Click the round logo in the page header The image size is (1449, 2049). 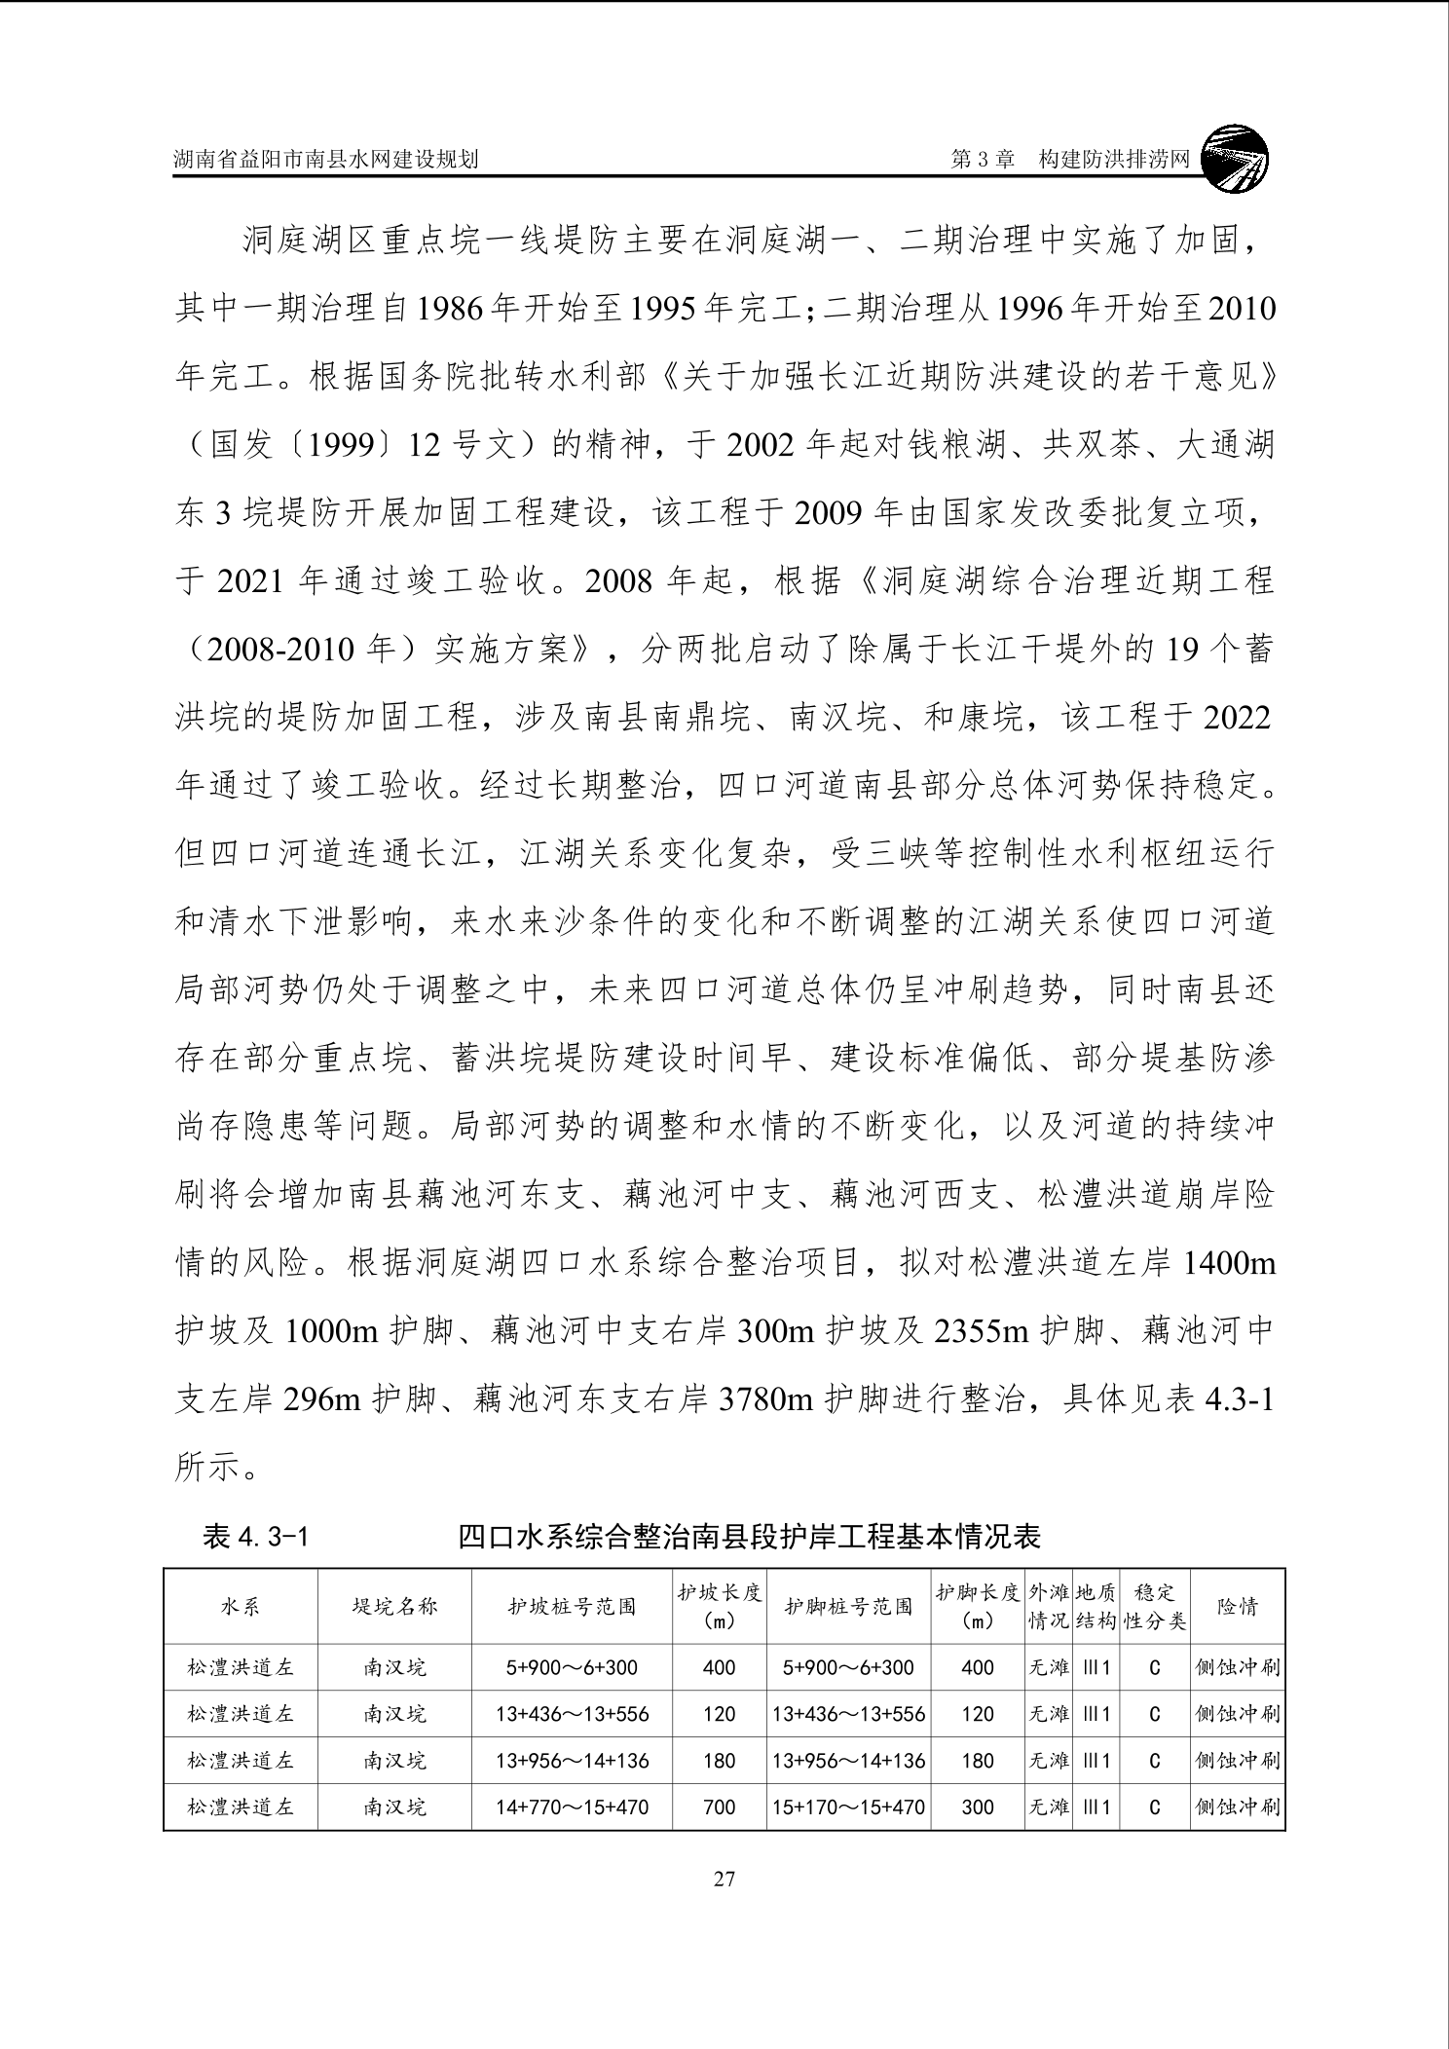tap(1235, 157)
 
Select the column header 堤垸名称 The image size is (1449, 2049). tap(394, 1606)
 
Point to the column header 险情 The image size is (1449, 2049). tap(1237, 1606)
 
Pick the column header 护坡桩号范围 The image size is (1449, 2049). tap(572, 1606)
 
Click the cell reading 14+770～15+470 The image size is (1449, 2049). tap(572, 1807)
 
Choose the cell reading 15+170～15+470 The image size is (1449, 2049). tap(848, 1807)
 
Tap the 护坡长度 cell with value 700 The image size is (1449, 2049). tap(719, 1807)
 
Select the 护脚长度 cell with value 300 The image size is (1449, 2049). tap(977, 1807)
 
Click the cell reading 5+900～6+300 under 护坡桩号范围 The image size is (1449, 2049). tap(572, 1667)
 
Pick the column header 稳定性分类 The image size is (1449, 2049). tap(1154, 1606)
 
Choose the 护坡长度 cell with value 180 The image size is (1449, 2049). tap(719, 1761)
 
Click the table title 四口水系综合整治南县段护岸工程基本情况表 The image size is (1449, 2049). tap(749, 1537)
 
